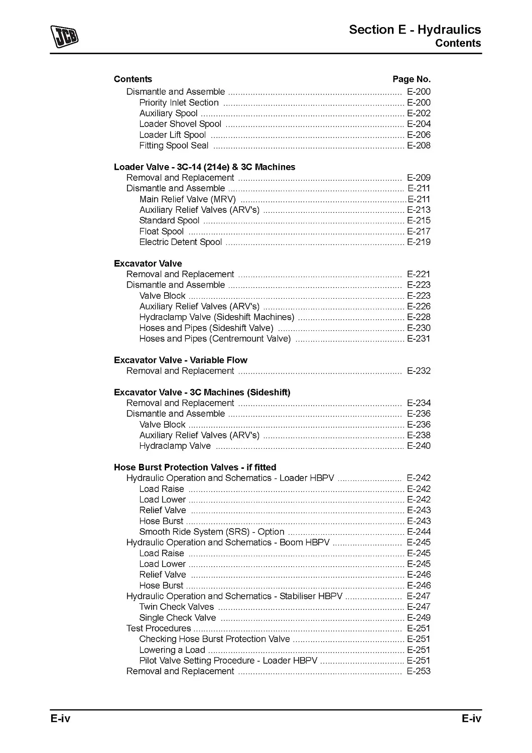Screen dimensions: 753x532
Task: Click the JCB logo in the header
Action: (64, 37)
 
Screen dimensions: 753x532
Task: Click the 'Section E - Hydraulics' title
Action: (415, 30)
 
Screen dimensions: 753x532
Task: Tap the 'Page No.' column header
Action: (411, 79)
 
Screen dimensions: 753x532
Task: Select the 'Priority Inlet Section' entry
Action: (179, 103)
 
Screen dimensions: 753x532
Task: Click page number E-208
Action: (419, 146)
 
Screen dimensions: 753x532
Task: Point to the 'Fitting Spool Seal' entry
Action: (174, 146)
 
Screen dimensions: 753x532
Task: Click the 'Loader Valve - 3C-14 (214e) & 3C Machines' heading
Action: (204, 167)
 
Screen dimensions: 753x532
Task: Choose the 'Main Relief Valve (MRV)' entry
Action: (187, 199)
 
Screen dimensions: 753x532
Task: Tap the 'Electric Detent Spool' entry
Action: (180, 242)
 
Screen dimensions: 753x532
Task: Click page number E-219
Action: (419, 242)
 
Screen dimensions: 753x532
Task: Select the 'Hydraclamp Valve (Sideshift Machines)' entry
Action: (216, 317)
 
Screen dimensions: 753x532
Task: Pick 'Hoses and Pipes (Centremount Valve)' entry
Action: (215, 339)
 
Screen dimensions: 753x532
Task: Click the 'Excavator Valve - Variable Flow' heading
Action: (180, 360)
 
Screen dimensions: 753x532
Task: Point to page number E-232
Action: (419, 371)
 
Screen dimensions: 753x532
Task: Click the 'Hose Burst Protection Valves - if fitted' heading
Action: (195, 467)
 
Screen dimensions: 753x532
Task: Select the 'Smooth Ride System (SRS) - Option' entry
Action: (211, 532)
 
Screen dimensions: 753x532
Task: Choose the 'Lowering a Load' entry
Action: (172, 650)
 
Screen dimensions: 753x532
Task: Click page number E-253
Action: (419, 672)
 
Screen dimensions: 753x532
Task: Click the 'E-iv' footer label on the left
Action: (60, 719)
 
